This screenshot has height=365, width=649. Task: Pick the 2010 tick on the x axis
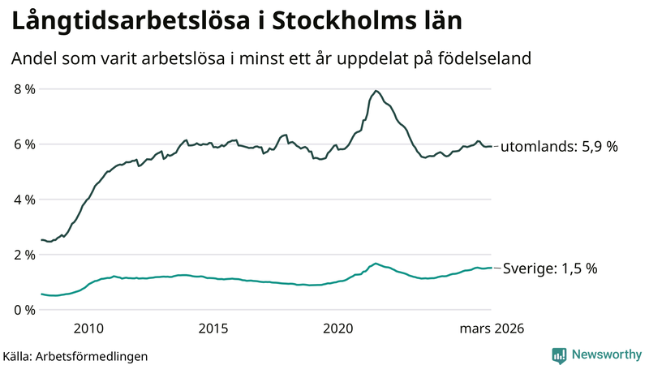(x=88, y=328)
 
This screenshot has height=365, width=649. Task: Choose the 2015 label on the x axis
(x=213, y=328)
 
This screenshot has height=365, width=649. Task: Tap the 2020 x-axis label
(x=338, y=328)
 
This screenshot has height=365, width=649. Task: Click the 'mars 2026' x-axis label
(x=492, y=328)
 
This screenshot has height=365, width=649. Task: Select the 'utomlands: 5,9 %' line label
(x=559, y=147)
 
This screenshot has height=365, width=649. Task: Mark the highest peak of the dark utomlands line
(x=376, y=91)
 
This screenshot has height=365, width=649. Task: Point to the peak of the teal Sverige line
(x=375, y=264)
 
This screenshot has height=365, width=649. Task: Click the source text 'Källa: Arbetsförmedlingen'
(x=75, y=355)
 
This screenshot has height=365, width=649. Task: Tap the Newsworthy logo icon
(x=559, y=354)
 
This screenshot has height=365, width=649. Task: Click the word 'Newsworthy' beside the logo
(x=606, y=354)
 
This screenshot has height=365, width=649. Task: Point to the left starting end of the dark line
(x=41, y=239)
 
